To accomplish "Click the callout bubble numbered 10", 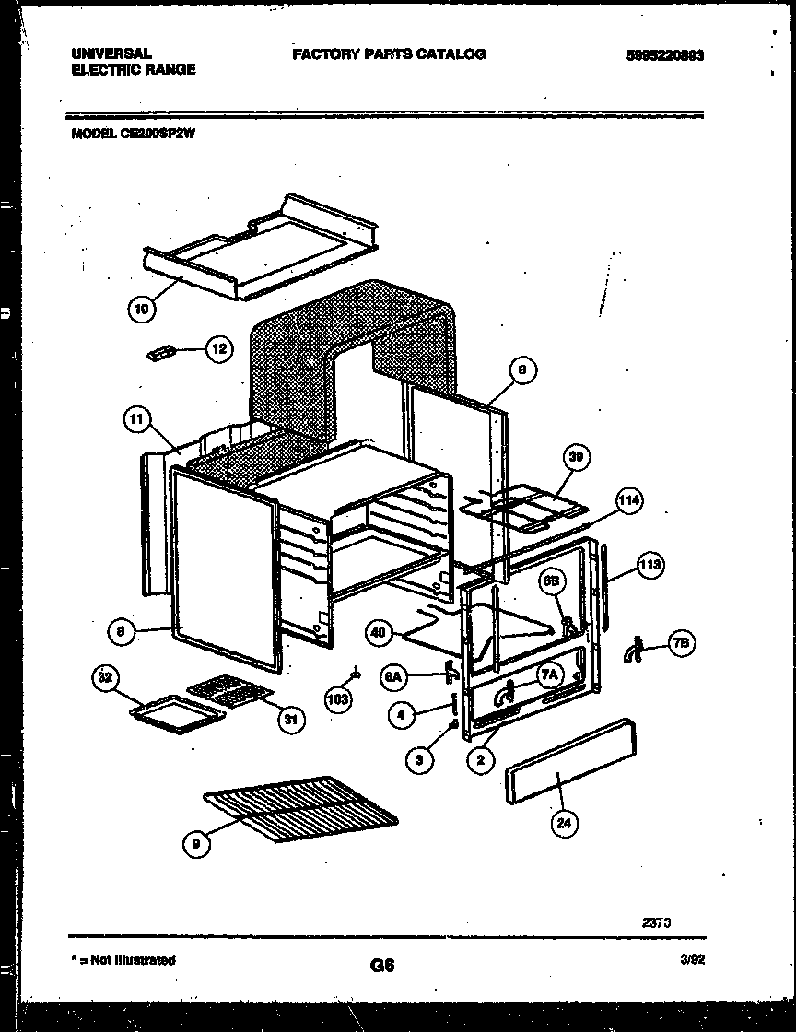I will click(x=140, y=310).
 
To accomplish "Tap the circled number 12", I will click(x=218, y=350).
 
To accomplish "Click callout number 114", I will click(x=628, y=502).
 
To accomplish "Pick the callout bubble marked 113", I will click(x=650, y=566).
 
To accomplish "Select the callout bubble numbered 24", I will click(x=563, y=824).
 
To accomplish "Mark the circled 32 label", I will click(x=105, y=680).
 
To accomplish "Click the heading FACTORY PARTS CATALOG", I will click(x=389, y=54).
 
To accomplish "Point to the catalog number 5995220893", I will click(x=664, y=55).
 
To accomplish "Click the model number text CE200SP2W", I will click(x=157, y=133).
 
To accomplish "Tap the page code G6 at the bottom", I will click(x=382, y=966).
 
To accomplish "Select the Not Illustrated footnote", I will click(x=123, y=960).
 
